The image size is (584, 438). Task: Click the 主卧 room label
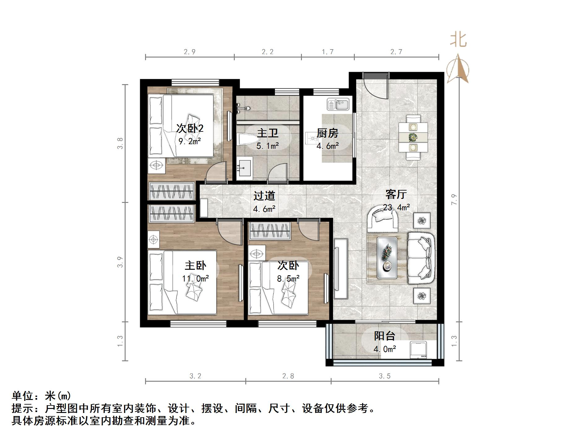tap(195, 265)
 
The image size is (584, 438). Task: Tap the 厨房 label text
tap(327, 133)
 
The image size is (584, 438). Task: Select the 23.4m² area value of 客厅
tap(396, 207)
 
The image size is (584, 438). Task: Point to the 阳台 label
tap(384, 336)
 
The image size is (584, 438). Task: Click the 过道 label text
tap(264, 195)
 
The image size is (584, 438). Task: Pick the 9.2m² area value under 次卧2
tap(190, 141)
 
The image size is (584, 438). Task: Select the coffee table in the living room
tap(387, 257)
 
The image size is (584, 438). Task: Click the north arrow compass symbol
tap(458, 69)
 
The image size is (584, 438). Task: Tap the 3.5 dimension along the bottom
tap(384, 376)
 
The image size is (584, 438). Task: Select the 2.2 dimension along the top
tap(268, 52)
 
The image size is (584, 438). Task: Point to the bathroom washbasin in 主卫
tap(245, 167)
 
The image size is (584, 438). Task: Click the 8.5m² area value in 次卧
tap(288, 279)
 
